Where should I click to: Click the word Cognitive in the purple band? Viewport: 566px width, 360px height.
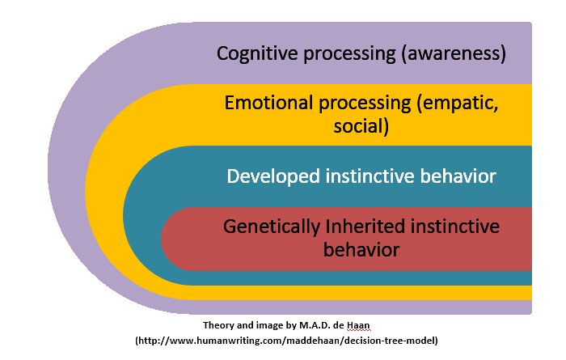(257, 54)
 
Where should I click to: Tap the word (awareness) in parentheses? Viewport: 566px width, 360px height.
(454, 54)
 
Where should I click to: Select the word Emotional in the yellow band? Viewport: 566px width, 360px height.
(268, 103)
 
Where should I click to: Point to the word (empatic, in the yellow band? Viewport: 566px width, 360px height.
(458, 104)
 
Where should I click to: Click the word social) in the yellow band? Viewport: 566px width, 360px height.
(361, 126)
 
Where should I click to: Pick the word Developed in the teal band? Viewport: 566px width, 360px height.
(273, 176)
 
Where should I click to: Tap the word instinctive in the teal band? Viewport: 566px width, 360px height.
(370, 176)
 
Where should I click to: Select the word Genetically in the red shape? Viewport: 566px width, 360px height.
(272, 227)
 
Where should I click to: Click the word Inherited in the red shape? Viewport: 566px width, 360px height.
(365, 227)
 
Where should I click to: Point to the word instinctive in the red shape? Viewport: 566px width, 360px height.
(454, 227)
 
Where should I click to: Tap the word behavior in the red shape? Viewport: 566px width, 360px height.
(361, 249)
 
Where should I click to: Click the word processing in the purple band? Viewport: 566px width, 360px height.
(349, 54)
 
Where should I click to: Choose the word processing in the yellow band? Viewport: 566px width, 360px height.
(365, 104)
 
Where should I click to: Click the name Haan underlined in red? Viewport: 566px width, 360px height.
(358, 325)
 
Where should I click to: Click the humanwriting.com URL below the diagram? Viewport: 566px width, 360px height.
(286, 341)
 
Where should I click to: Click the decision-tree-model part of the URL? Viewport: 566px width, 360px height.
(390, 341)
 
